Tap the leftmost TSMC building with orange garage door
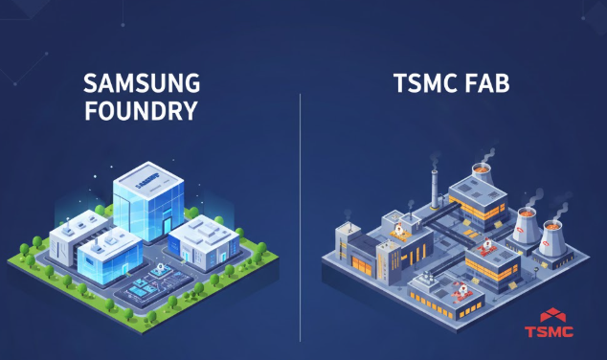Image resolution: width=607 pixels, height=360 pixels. click(x=358, y=254)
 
